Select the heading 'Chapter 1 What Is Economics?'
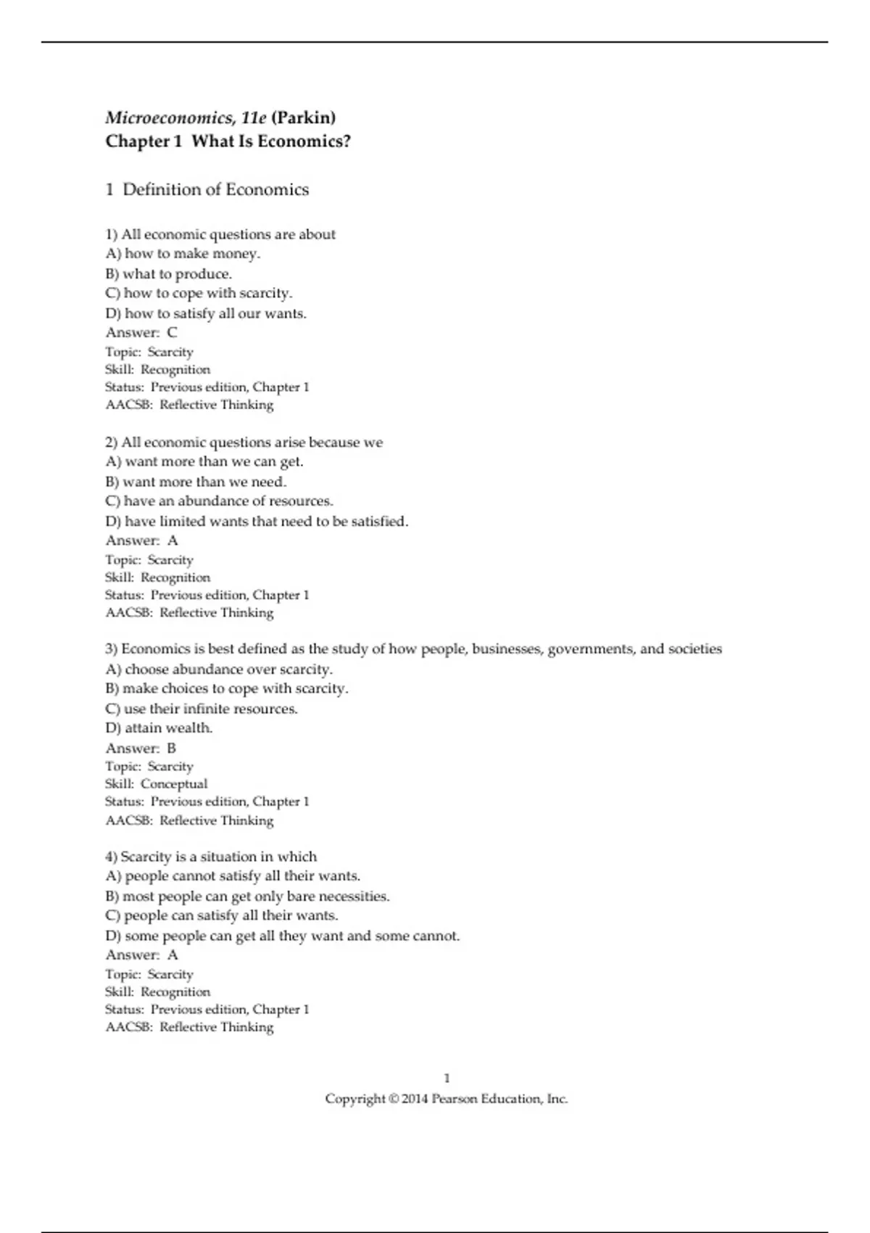[x=228, y=141]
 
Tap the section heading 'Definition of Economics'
[x=215, y=190]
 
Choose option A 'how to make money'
[x=183, y=254]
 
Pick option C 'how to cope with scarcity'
[x=199, y=294]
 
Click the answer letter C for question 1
[x=172, y=333]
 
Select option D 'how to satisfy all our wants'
[x=206, y=314]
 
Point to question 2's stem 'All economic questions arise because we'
[x=244, y=442]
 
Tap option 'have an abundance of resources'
[x=219, y=501]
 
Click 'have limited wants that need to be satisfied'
[x=257, y=521]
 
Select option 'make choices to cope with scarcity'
[x=226, y=689]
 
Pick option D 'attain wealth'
[x=159, y=728]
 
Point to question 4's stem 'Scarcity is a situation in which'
[x=211, y=857]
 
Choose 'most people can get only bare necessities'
[x=247, y=896]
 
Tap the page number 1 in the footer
[x=447, y=1079]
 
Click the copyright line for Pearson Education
[x=446, y=1099]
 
